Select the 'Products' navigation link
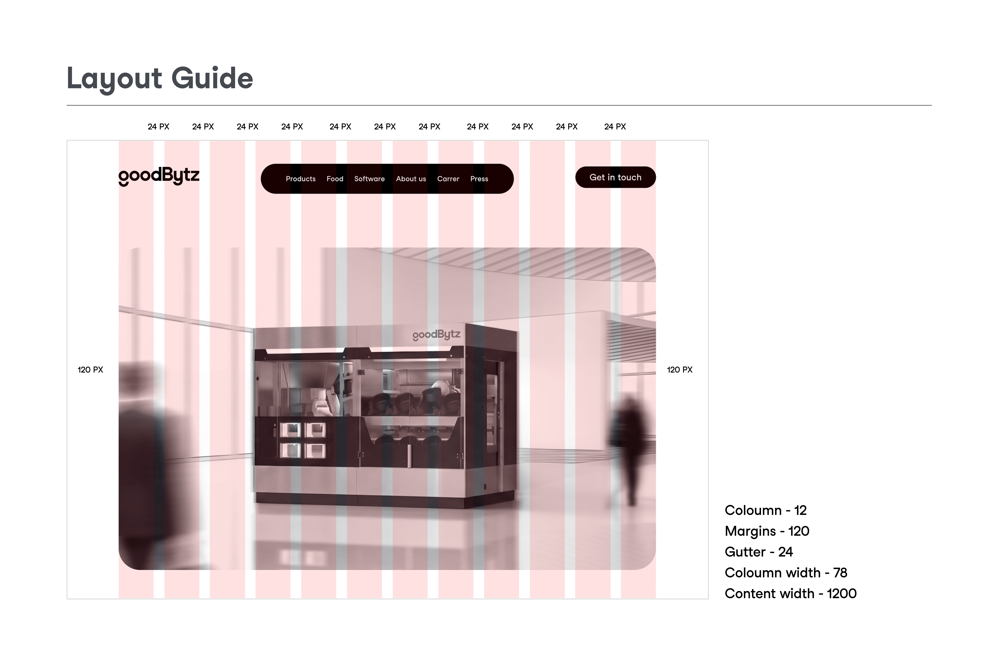[x=301, y=179]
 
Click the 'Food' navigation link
[x=335, y=179]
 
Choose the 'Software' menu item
[x=369, y=179]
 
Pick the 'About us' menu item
[x=411, y=179]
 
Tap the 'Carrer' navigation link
[x=448, y=179]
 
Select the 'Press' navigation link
[x=479, y=179]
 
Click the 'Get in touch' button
[x=615, y=177]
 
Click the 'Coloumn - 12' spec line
[x=765, y=510]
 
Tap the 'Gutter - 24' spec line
[x=759, y=552]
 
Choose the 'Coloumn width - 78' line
[x=786, y=573]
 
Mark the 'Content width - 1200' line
[x=790, y=593]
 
